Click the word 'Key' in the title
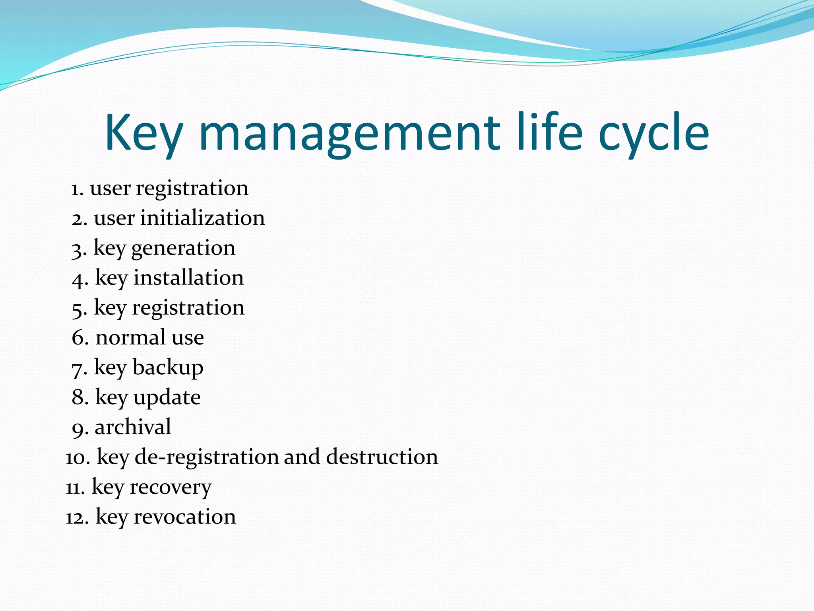pos(144,133)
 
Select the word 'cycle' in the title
pos(653,133)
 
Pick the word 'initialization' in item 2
pos(202,218)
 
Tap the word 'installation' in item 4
pos(188,278)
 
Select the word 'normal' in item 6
pos(130,338)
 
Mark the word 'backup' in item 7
pos(168,368)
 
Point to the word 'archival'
pos(133,427)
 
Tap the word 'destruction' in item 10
pos(382,457)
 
